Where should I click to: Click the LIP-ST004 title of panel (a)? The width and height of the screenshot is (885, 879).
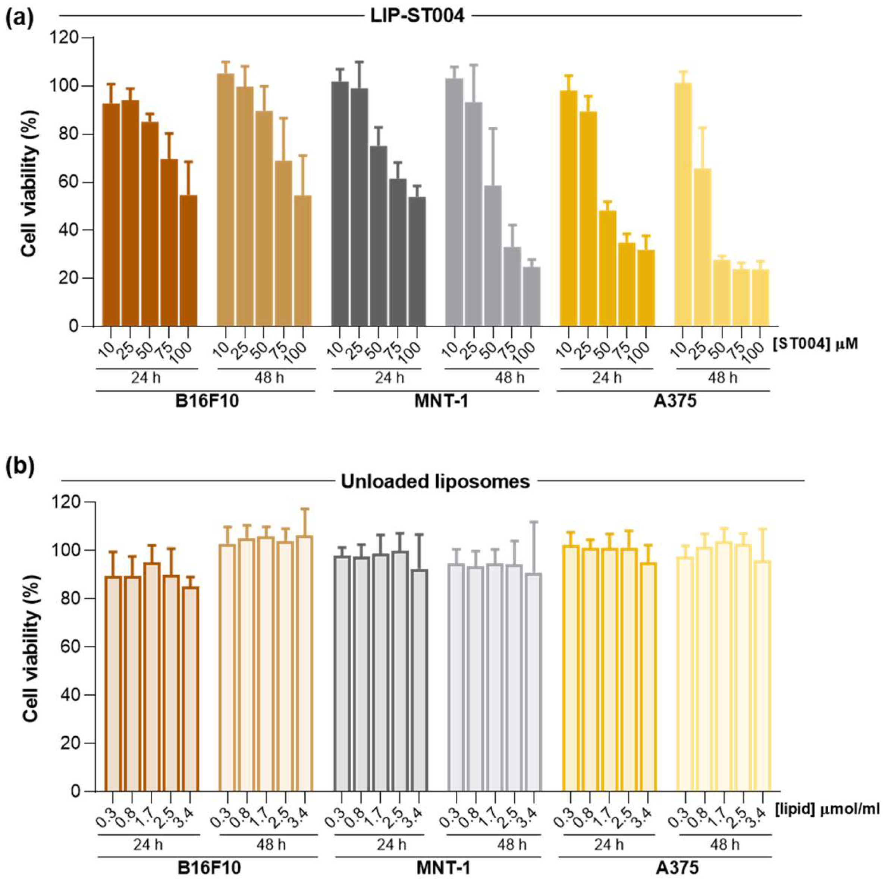click(417, 16)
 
